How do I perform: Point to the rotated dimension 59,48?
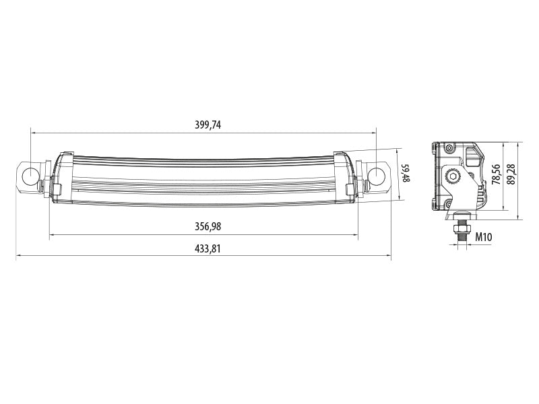point(405,174)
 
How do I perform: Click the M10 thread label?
point(483,236)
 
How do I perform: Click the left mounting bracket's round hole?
point(31,176)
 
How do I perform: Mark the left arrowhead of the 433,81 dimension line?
point(18,256)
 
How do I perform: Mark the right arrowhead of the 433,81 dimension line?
point(389,256)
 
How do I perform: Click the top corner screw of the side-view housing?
point(447,147)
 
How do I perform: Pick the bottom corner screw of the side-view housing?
point(447,204)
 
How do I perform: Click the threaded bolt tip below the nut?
point(462,243)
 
